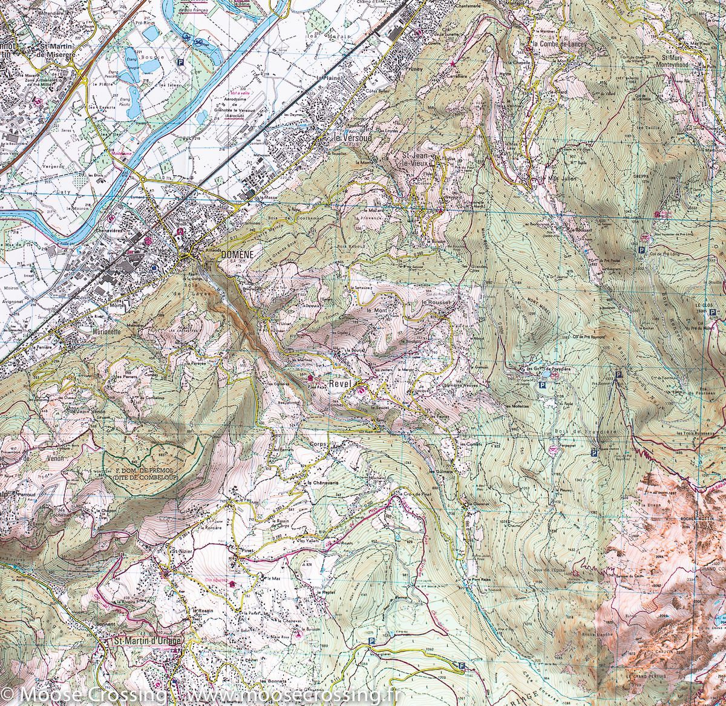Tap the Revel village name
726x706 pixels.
tap(341, 384)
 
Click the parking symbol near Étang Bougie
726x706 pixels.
tap(180, 61)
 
